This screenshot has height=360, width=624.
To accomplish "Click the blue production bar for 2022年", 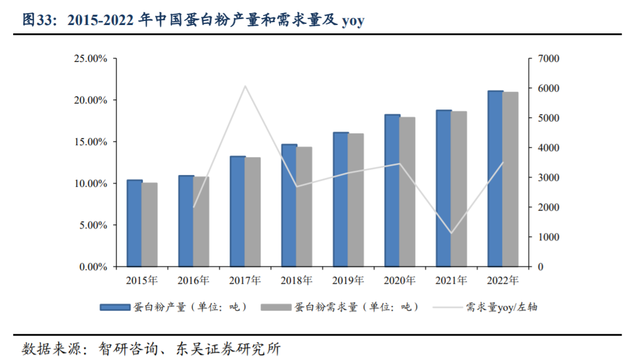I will pyautogui.click(x=495, y=179).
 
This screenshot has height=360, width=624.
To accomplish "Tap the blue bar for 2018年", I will pyautogui.click(x=289, y=205).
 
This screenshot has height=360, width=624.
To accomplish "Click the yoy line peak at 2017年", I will pyautogui.click(x=245, y=86).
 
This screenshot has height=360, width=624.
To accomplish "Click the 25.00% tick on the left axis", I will pyautogui.click(x=90, y=59).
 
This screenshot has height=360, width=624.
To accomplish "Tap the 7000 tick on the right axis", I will pyautogui.click(x=548, y=59).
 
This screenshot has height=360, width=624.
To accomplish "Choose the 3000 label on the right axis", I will pyautogui.click(x=548, y=178).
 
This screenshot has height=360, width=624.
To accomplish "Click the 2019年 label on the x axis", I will pyautogui.click(x=348, y=280).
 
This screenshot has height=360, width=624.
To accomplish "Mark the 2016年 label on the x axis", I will pyautogui.click(x=193, y=280).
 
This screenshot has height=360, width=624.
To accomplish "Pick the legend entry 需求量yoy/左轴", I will pyautogui.click(x=503, y=307).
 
